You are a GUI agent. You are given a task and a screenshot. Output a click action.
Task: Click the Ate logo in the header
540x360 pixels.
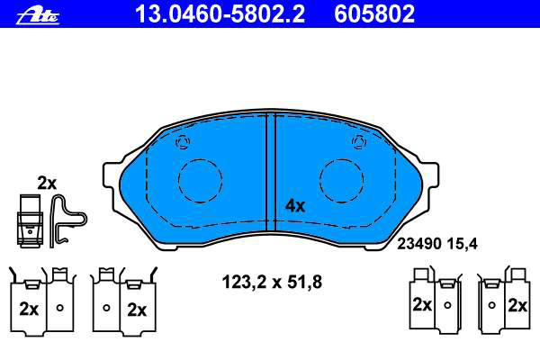pyautogui.click(x=38, y=16)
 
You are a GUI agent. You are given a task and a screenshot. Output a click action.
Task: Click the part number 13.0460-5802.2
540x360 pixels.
pyautogui.click(x=220, y=14)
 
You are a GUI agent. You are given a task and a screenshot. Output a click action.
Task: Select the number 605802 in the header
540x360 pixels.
pyautogui.click(x=374, y=14)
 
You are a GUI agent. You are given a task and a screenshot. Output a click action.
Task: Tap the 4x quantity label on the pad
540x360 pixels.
pyautogui.click(x=295, y=206)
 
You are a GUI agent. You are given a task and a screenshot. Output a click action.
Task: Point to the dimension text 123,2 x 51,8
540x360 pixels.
pyautogui.click(x=272, y=282)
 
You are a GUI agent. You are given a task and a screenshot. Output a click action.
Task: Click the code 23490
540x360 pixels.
pyautogui.click(x=419, y=244)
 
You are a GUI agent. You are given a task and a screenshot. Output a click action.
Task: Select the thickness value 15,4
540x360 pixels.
pyautogui.click(x=463, y=244)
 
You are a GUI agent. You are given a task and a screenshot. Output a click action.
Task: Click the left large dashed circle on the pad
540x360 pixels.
pyautogui.click(x=200, y=159)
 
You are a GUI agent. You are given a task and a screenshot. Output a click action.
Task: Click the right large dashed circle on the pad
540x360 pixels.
pyautogui.click(x=341, y=159)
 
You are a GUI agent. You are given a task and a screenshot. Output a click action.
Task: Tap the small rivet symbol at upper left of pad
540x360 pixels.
pyautogui.click(x=183, y=141)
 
